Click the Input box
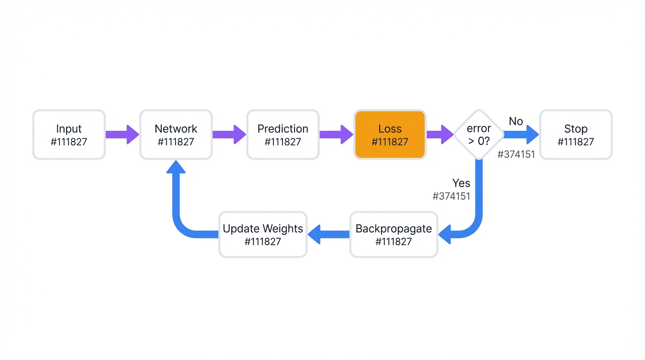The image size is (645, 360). click(69, 135)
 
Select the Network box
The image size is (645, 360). click(176, 135)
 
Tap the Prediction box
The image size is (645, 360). click(283, 135)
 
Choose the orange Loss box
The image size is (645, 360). click(390, 135)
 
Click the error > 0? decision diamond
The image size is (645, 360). click(479, 135)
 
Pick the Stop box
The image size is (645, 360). click(576, 135)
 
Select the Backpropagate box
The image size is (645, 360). click(394, 234)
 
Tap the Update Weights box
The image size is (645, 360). click(262, 234)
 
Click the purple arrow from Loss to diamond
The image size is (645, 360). click(440, 135)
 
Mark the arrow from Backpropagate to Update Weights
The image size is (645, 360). click(329, 234)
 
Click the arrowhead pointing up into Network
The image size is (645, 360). click(176, 167)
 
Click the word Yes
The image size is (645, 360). click(461, 183)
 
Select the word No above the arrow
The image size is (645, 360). click(516, 121)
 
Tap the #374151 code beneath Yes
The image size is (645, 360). click(451, 196)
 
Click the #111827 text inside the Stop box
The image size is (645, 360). click(576, 142)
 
